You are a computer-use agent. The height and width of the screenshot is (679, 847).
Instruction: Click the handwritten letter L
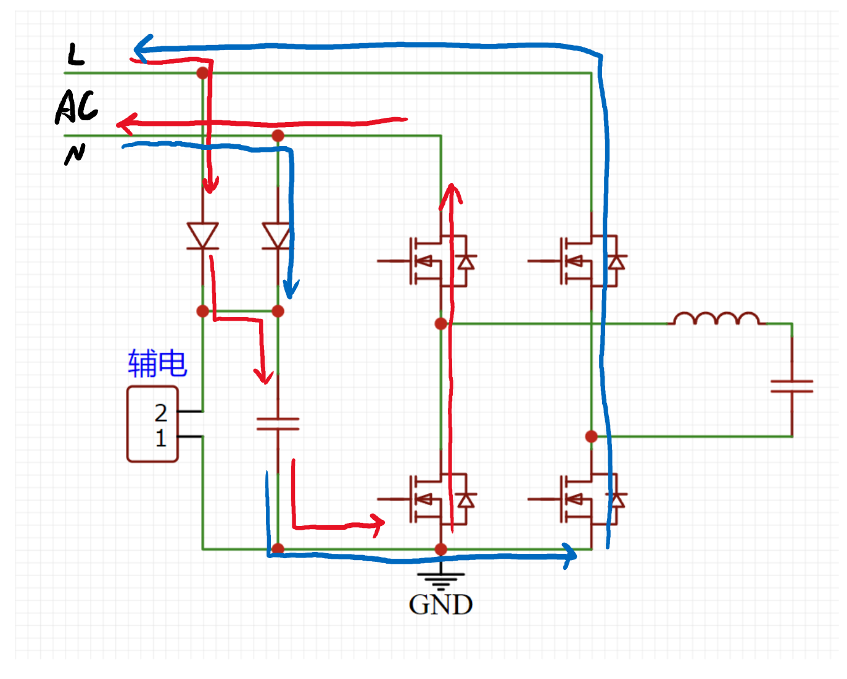point(75,54)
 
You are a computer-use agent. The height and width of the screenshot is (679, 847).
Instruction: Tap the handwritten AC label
point(76,106)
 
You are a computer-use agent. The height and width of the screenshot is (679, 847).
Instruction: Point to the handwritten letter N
point(75,154)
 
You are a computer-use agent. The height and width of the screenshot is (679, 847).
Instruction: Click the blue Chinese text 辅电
point(157,363)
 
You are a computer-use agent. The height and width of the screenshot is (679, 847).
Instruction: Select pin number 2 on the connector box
point(160,413)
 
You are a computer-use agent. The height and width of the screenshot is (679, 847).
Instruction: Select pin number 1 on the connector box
point(161,438)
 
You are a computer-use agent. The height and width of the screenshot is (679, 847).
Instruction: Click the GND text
point(440,605)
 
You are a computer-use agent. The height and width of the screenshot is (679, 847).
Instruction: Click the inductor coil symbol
point(716,318)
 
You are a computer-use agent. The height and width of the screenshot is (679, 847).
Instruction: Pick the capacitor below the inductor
point(791,387)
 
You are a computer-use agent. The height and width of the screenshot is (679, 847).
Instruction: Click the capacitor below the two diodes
point(278,424)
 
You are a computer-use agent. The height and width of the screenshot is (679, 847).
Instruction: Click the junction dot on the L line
point(203,73)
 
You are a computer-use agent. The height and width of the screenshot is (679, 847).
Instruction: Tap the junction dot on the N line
point(278,136)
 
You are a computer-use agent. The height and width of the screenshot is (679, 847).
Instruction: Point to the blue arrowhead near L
point(143,49)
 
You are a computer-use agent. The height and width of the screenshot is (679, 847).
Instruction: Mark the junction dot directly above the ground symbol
point(441,549)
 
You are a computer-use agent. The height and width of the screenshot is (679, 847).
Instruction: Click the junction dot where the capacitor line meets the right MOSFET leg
point(591,436)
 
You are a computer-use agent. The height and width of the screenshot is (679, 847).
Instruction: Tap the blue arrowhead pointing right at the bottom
point(570,556)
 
